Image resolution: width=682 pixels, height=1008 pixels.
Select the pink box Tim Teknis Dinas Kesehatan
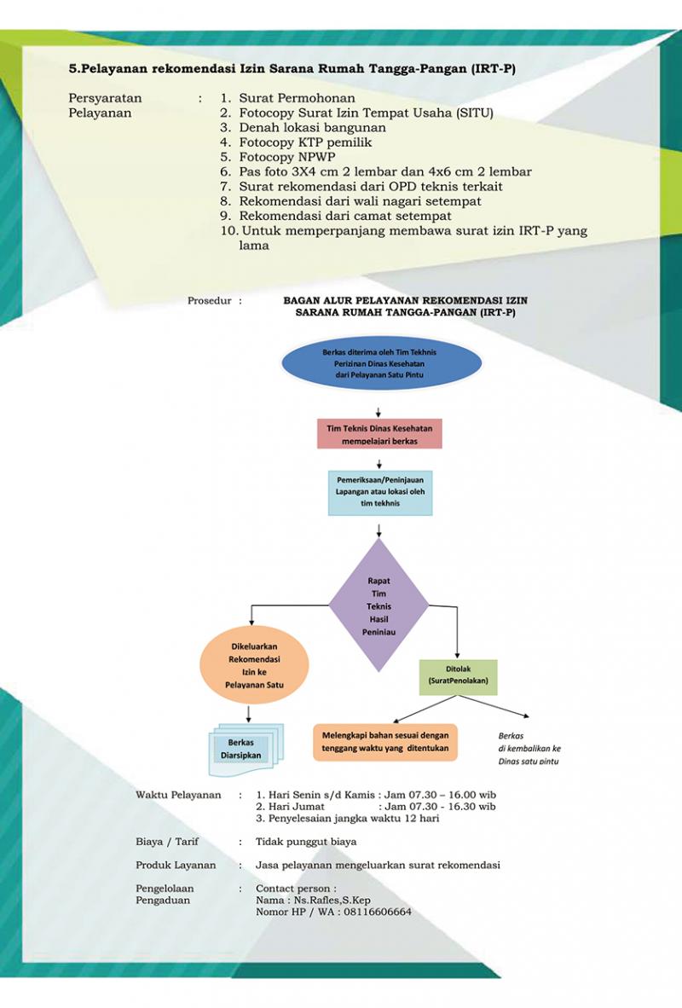379,433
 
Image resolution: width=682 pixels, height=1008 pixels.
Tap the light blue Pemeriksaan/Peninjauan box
379,493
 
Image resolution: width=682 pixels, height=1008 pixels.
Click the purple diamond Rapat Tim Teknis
379,605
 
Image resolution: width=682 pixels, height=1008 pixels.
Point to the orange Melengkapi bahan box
384,742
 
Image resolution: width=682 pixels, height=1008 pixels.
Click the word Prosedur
210,301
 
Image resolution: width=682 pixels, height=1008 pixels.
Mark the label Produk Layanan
176,865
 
